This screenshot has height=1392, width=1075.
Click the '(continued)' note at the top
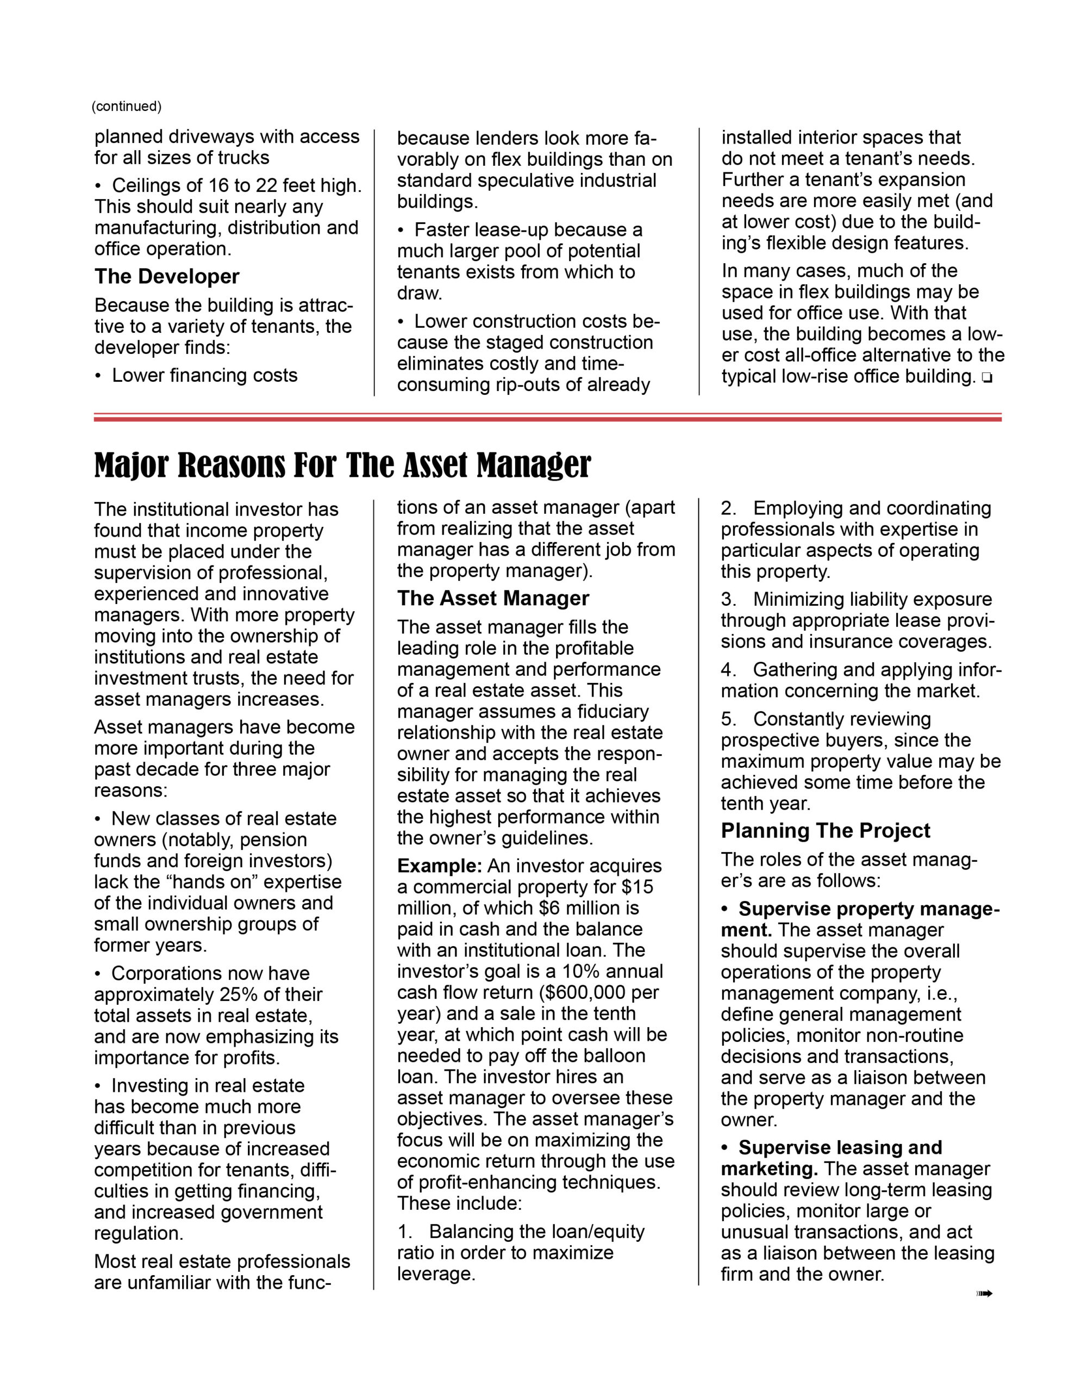(x=126, y=107)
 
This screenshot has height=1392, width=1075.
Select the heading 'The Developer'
(x=167, y=277)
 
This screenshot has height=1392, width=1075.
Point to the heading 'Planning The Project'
(x=825, y=831)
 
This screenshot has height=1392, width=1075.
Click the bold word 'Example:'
(x=439, y=866)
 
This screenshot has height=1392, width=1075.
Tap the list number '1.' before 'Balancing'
(x=405, y=1232)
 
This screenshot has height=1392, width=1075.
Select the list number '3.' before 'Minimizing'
(x=729, y=600)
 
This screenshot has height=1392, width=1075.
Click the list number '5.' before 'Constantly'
(x=729, y=719)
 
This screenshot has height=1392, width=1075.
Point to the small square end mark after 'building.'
(x=986, y=378)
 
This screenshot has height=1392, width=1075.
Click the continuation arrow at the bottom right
(x=985, y=1293)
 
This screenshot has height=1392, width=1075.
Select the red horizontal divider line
(x=547, y=418)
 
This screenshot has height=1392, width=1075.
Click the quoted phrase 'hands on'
(x=216, y=882)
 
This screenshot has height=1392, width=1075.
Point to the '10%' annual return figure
(x=580, y=972)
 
